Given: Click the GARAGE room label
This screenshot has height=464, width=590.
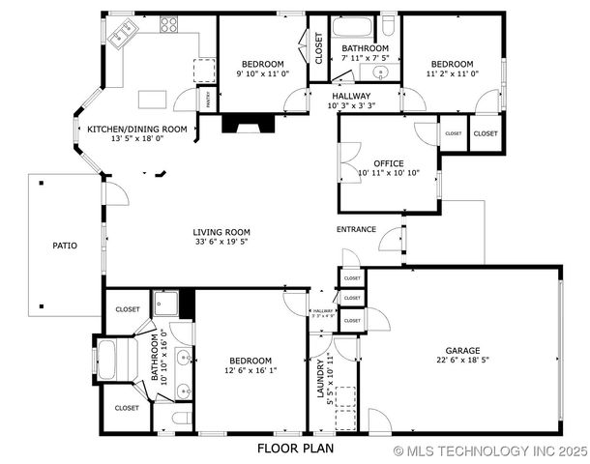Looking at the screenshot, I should click(461, 351).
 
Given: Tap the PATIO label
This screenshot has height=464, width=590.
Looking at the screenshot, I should click(64, 246).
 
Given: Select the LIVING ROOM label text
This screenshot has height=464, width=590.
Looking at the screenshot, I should click(221, 232).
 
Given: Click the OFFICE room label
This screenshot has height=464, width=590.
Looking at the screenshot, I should click(374, 162).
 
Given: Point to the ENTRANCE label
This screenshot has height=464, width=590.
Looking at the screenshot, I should click(356, 229).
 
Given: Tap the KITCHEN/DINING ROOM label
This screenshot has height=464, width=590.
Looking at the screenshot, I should click(137, 129).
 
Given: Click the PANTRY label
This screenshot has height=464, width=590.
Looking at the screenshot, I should click(206, 98).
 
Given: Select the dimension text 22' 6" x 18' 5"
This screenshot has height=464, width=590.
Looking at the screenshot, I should click(461, 361).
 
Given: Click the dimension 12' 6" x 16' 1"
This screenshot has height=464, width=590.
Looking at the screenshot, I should click(251, 369).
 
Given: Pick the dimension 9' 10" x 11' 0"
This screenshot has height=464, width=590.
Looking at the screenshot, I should click(261, 72).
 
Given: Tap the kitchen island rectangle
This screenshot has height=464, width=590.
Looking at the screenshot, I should click(153, 99).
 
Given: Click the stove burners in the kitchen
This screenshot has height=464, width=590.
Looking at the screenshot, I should click(169, 24).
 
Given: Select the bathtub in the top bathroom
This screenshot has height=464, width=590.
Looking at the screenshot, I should click(354, 27).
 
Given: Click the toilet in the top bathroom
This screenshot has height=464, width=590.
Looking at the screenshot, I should click(387, 25).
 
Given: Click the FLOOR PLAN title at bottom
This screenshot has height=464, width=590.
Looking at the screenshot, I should click(296, 449).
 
